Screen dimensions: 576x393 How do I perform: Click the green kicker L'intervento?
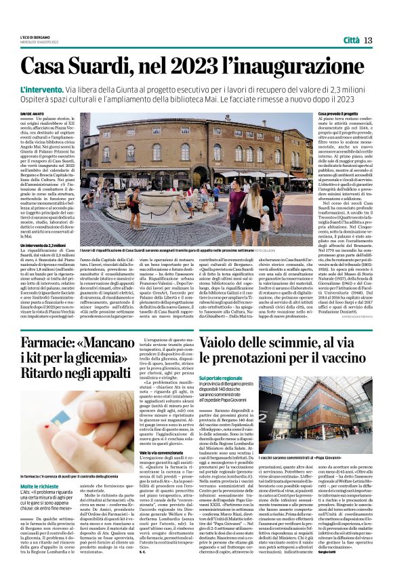[60, 89]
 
